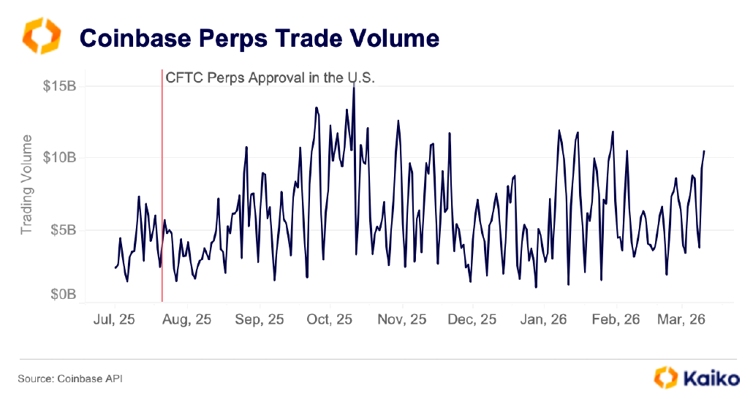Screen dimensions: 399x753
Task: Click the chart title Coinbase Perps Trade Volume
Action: click(x=259, y=37)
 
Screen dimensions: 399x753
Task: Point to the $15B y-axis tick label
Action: click(x=59, y=86)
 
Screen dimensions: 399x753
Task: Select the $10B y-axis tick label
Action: click(x=59, y=158)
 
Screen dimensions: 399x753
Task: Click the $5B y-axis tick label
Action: click(x=61, y=229)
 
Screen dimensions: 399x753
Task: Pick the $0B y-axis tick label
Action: click(x=61, y=294)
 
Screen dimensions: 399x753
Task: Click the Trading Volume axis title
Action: click(x=26, y=184)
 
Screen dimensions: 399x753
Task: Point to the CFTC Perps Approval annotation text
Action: click(x=270, y=77)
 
